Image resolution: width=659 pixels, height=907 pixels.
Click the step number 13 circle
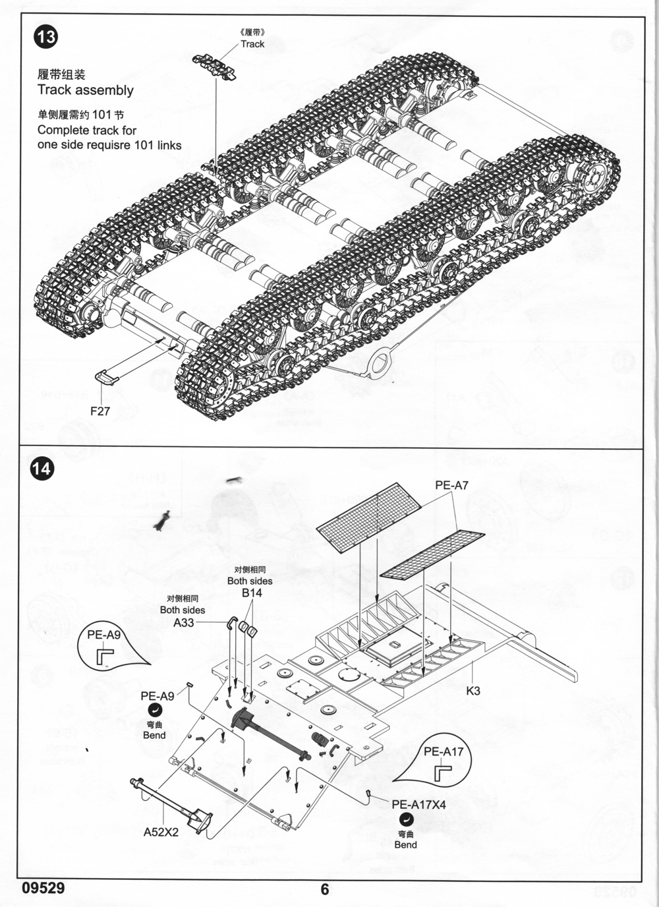pyautogui.click(x=46, y=36)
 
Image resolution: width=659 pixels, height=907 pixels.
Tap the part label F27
pyautogui.click(x=100, y=411)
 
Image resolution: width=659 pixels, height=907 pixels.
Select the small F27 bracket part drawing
pyautogui.click(x=106, y=377)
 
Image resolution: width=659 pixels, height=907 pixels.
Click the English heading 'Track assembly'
pyautogui.click(x=85, y=91)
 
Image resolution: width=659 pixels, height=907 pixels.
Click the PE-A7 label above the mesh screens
pyautogui.click(x=451, y=486)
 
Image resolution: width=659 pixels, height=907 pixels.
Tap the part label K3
pyautogui.click(x=473, y=691)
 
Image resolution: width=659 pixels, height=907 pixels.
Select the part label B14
pyautogui.click(x=252, y=593)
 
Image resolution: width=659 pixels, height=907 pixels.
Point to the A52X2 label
pyautogui.click(x=161, y=832)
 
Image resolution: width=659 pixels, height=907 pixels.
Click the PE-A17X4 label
pyautogui.click(x=418, y=804)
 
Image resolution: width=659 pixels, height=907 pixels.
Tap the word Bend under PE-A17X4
pyautogui.click(x=405, y=844)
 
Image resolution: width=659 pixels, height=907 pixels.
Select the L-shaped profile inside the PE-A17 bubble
pyautogui.click(x=443, y=771)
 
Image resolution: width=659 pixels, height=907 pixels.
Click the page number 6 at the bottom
pyautogui.click(x=324, y=889)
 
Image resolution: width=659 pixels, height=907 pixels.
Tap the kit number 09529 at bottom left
pyautogui.click(x=43, y=888)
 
